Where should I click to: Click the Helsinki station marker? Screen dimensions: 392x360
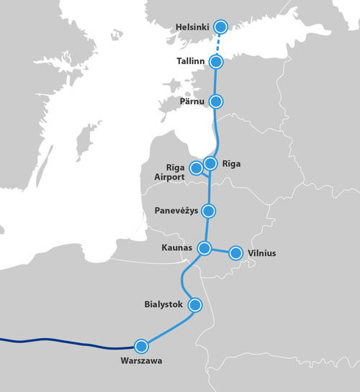point(220,27)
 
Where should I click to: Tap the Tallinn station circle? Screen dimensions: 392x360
point(216,62)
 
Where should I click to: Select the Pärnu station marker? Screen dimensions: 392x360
point(215,101)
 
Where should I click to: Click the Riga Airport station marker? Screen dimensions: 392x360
point(196,168)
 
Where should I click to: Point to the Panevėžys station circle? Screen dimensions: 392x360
point(209,211)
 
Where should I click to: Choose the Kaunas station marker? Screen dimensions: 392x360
point(204,248)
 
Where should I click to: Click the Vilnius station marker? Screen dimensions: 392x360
point(235,253)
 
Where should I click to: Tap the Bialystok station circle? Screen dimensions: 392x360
point(194,305)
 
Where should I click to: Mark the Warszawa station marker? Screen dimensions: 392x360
point(141,345)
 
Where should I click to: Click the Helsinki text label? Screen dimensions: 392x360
point(192,27)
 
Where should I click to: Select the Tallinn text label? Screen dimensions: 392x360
point(192,62)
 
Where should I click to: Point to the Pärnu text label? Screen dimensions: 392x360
point(192,101)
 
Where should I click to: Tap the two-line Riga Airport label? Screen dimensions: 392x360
point(170,171)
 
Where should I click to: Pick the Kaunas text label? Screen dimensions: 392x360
point(176,247)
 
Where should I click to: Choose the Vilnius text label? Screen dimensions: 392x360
point(261,253)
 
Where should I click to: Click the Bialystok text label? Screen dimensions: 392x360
point(166,305)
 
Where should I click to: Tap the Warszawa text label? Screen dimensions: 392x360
point(141,360)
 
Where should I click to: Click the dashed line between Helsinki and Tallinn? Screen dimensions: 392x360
point(218,45)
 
